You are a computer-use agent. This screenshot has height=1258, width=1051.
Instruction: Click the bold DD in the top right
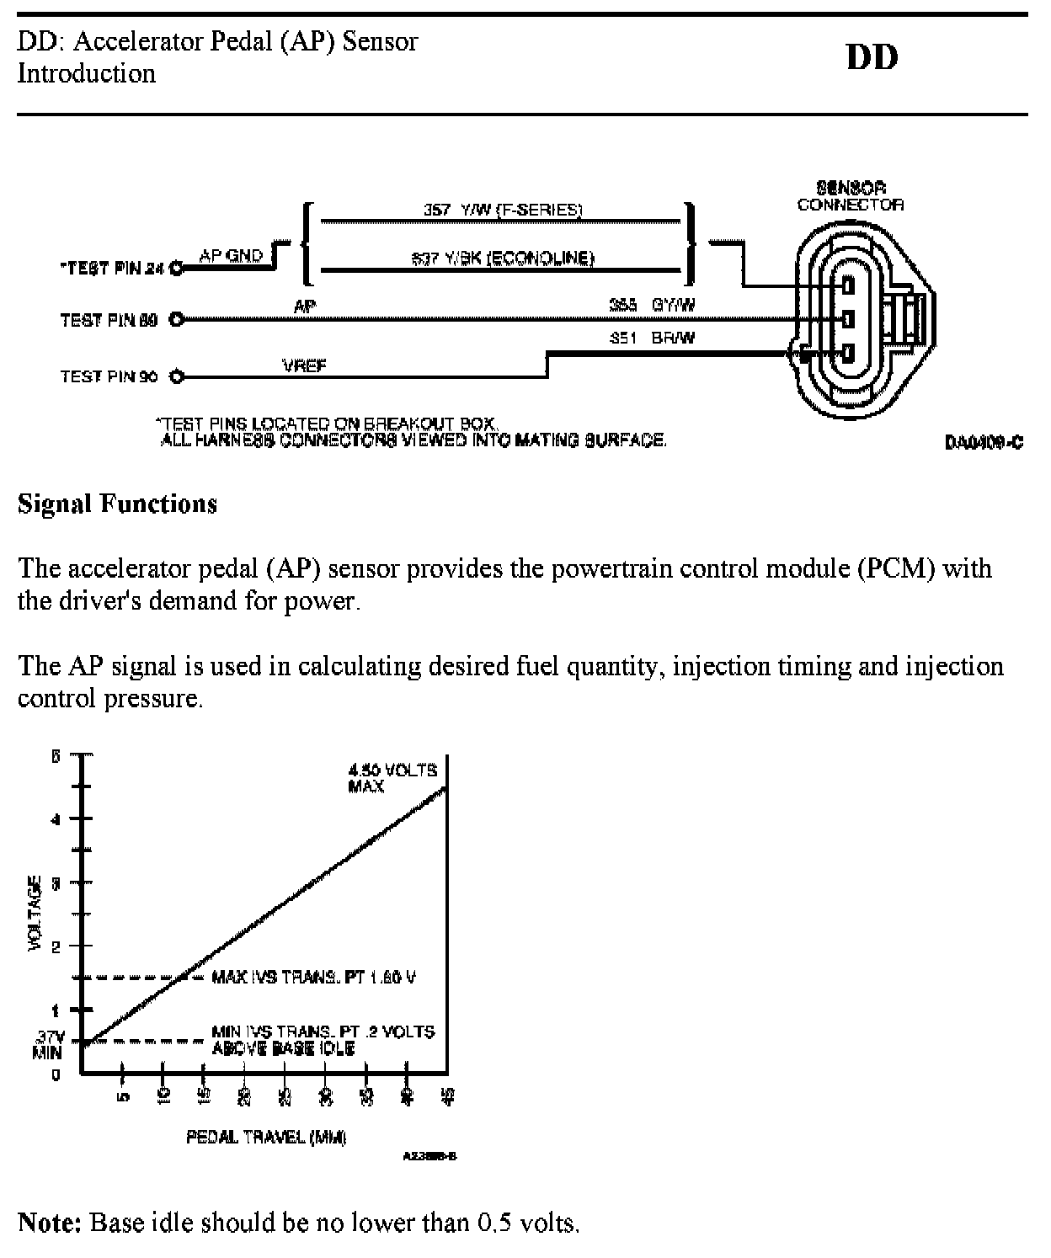pyautogui.click(x=872, y=57)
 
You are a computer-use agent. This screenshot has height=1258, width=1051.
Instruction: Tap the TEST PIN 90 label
pyautogui.click(x=109, y=376)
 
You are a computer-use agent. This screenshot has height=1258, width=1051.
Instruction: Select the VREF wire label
pyautogui.click(x=305, y=366)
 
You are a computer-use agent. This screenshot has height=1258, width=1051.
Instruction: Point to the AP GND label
pyautogui.click(x=231, y=255)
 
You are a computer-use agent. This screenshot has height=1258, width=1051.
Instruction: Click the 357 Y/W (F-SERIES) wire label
pyautogui.click(x=503, y=210)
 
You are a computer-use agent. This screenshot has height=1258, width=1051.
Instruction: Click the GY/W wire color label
pyautogui.click(x=673, y=306)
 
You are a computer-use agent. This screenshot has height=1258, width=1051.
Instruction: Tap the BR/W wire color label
pyautogui.click(x=673, y=338)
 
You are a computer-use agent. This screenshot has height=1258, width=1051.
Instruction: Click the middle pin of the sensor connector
pyautogui.click(x=847, y=319)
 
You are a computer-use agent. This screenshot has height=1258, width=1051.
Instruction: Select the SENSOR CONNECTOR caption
pyautogui.click(x=851, y=196)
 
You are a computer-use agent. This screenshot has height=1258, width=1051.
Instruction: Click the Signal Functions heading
pyautogui.click(x=117, y=504)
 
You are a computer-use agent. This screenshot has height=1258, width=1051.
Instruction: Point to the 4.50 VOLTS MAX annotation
pyautogui.click(x=393, y=778)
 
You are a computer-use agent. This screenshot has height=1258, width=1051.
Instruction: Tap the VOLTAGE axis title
pyautogui.click(x=35, y=914)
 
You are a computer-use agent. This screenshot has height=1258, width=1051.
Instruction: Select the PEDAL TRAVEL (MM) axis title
pyautogui.click(x=266, y=1138)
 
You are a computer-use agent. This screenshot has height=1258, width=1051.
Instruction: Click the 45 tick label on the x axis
pyautogui.click(x=448, y=1096)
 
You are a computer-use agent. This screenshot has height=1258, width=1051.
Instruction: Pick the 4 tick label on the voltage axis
pyautogui.click(x=56, y=818)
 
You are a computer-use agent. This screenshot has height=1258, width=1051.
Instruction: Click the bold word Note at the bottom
pyautogui.click(x=50, y=1222)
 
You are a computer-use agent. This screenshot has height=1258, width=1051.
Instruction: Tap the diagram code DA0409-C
pyautogui.click(x=984, y=442)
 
